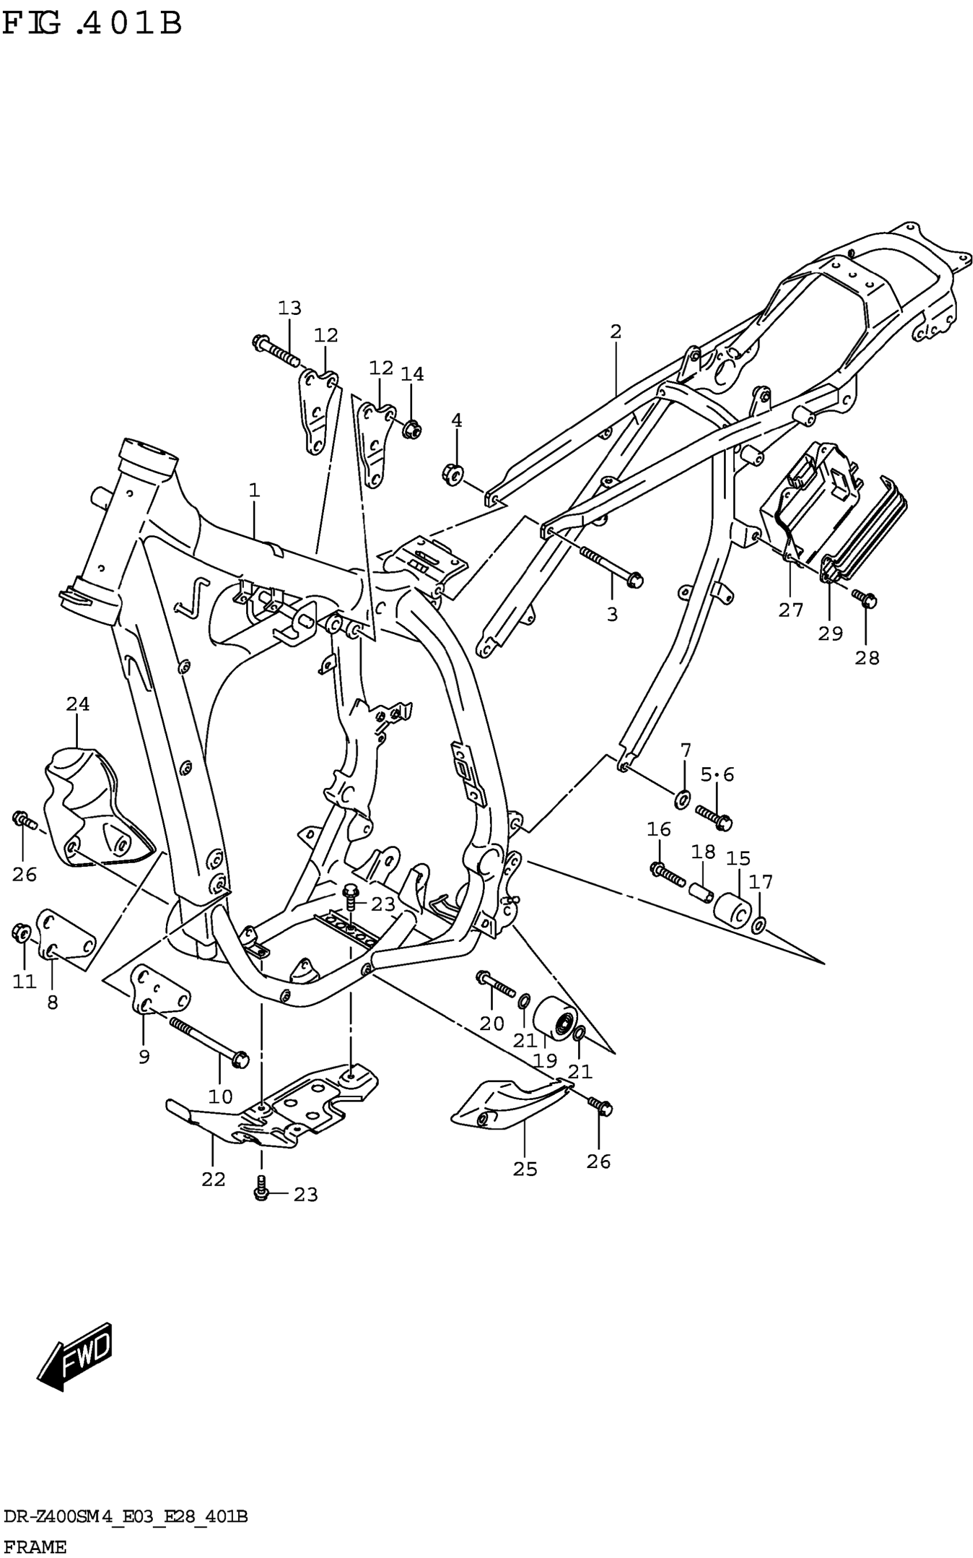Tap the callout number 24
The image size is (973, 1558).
point(78,704)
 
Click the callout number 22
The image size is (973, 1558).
point(213,1180)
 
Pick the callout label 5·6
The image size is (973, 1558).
point(717,774)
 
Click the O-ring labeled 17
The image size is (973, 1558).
point(759,926)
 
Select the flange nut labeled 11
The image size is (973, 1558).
point(21,932)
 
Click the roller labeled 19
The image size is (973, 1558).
point(555,1019)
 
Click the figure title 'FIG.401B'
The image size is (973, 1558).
point(92,24)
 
